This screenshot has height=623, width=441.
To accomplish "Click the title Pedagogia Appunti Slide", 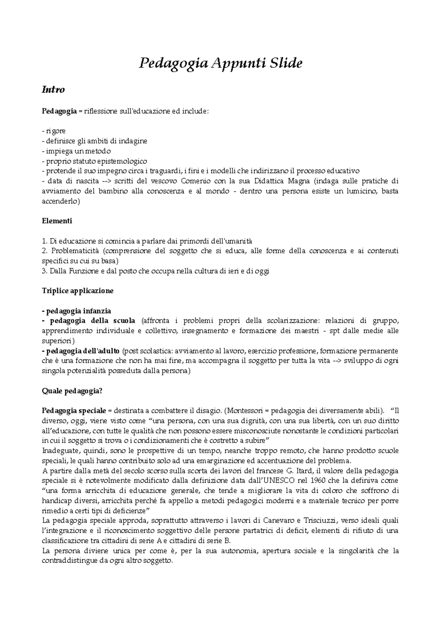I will point(220,64).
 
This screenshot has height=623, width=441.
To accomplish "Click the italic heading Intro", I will point(53,90).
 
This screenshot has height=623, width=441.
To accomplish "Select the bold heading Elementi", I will point(57,221).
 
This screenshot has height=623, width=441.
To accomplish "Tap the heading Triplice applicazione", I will point(78,291).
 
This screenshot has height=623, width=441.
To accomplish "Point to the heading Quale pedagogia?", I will point(72,391).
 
